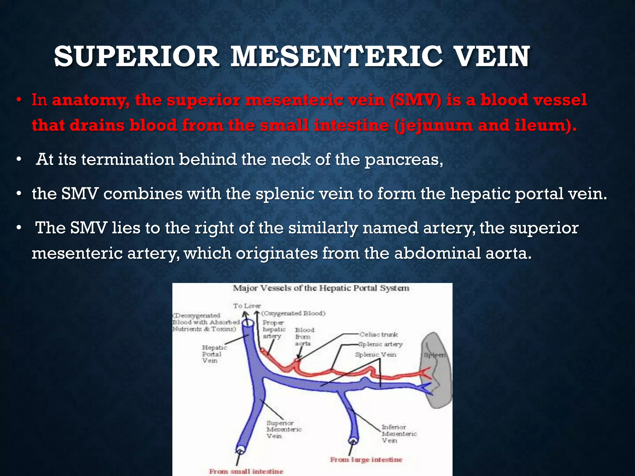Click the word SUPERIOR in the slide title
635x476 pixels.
click(136, 57)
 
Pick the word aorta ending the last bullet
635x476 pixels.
click(508, 253)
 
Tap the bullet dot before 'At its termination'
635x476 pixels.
click(19, 160)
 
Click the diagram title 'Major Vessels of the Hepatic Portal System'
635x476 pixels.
click(321, 288)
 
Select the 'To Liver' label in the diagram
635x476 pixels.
click(247, 306)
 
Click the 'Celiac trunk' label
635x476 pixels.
click(379, 335)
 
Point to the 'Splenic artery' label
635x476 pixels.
click(380, 344)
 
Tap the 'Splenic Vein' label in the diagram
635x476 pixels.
click(375, 355)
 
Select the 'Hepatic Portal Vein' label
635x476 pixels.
click(214, 354)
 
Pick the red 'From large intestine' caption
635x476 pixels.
click(366, 460)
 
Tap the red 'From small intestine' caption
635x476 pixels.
click(246, 471)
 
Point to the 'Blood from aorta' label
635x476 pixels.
click(304, 337)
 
